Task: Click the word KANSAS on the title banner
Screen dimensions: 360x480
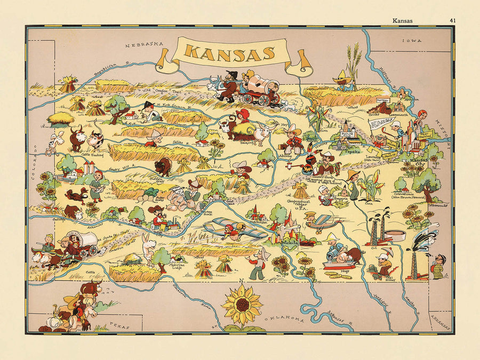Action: (230, 52)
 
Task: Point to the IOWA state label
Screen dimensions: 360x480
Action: (412, 41)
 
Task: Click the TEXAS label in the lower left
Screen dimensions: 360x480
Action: (116, 324)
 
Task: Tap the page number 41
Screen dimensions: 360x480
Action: (453, 21)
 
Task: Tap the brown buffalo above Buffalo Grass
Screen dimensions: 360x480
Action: (163, 166)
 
